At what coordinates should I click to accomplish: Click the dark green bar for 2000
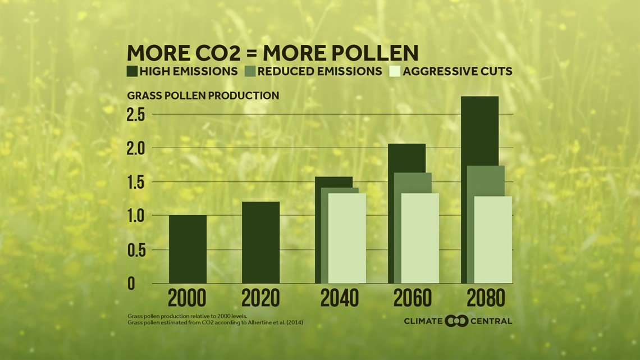click(188, 249)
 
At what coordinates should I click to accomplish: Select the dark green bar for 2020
click(260, 242)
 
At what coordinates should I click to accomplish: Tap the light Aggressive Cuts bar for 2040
click(347, 238)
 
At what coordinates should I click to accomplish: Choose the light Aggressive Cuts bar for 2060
click(420, 238)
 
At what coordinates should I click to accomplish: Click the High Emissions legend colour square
click(132, 71)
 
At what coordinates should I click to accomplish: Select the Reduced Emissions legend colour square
click(250, 71)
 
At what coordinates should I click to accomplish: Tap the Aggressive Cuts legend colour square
click(395, 71)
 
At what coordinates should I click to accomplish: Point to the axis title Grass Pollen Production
click(203, 95)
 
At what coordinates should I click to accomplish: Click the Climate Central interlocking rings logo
click(456, 321)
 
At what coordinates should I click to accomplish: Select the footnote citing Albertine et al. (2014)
click(215, 322)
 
